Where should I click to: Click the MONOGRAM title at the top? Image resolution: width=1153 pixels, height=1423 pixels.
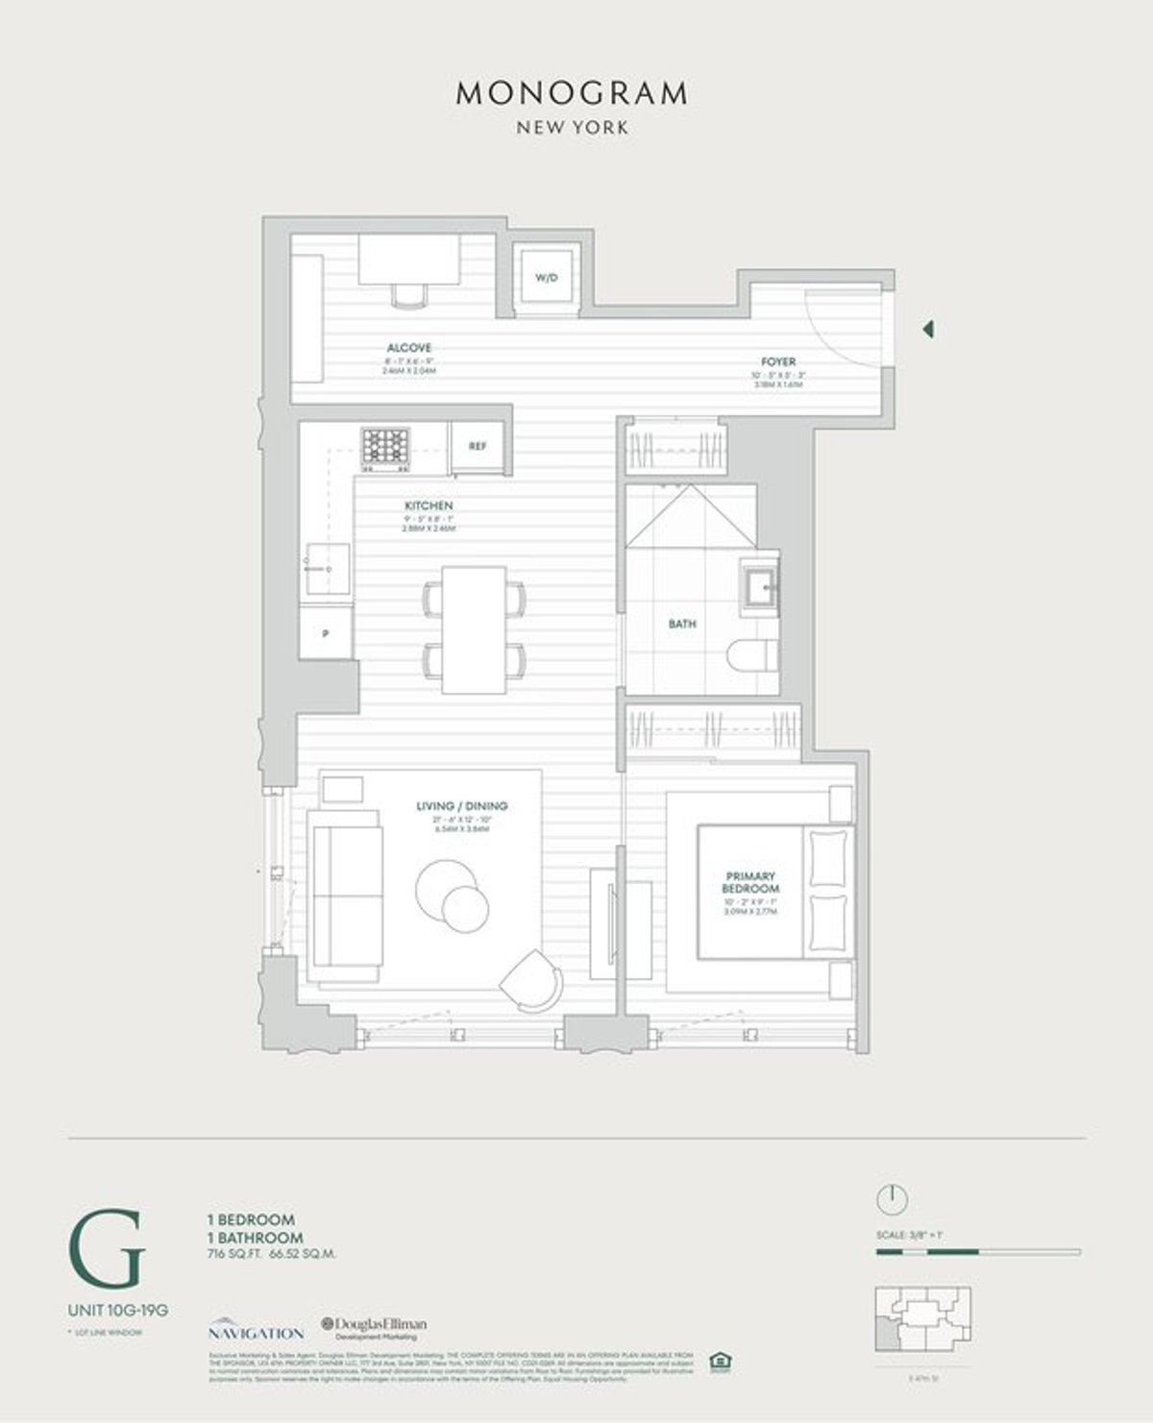tap(572, 93)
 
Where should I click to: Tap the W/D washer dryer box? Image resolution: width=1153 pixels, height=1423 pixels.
tap(547, 278)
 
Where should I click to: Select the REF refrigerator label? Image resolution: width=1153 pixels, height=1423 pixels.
tap(478, 447)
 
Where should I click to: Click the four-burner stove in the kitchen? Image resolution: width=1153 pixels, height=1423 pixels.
tap(385, 447)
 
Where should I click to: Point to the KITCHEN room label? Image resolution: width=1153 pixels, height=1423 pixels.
tap(429, 505)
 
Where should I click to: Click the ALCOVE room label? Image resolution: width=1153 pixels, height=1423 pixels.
tap(409, 348)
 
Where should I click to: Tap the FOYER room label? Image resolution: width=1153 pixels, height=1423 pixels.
tap(778, 362)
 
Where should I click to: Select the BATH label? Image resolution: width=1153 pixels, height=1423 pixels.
tap(682, 624)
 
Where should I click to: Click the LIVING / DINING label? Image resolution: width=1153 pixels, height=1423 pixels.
tap(462, 806)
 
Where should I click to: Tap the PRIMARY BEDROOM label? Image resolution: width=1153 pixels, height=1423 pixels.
tap(750, 883)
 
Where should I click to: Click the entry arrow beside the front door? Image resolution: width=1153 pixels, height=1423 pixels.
tap(927, 330)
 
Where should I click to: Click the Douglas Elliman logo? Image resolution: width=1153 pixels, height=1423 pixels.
tap(375, 1329)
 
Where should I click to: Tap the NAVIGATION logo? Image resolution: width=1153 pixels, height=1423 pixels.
tap(256, 1330)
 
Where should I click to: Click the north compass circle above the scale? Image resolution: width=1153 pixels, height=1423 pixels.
tap(892, 1200)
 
